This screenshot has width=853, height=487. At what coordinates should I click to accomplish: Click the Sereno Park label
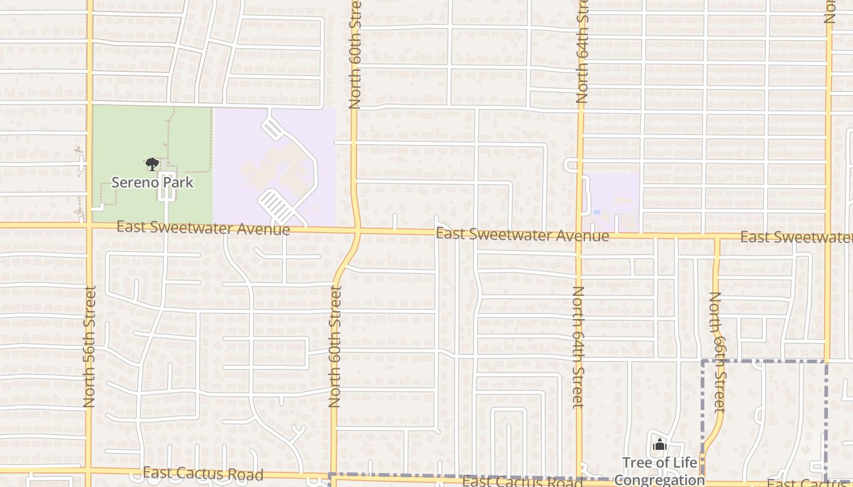[x=152, y=182]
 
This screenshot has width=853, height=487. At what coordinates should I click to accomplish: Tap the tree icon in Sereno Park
[x=152, y=164]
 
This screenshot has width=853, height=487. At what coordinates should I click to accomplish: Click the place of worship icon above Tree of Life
[x=659, y=446]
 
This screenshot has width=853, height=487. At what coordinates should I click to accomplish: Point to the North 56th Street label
[x=90, y=346]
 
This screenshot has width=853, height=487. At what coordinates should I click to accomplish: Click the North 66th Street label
[x=718, y=351]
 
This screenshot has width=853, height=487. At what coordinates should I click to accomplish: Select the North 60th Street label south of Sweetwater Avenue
[x=334, y=346]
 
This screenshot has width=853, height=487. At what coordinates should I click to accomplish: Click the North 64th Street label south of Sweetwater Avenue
[x=578, y=346]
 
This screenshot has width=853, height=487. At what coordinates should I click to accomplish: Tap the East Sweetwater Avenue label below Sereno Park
[x=203, y=228]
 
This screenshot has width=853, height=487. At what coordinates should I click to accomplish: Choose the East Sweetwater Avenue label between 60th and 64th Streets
[x=522, y=235]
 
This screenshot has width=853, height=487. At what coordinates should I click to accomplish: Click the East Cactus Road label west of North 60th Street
[x=203, y=474]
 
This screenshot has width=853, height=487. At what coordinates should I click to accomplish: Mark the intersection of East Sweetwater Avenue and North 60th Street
[x=357, y=231]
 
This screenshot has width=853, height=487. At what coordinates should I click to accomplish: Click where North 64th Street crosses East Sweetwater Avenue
[x=580, y=235]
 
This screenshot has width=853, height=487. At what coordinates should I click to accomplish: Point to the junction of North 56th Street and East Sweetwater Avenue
[x=90, y=225]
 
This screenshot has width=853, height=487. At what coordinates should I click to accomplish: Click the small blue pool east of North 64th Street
[x=596, y=212]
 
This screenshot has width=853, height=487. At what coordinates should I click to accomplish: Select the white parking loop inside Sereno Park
[x=166, y=186]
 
